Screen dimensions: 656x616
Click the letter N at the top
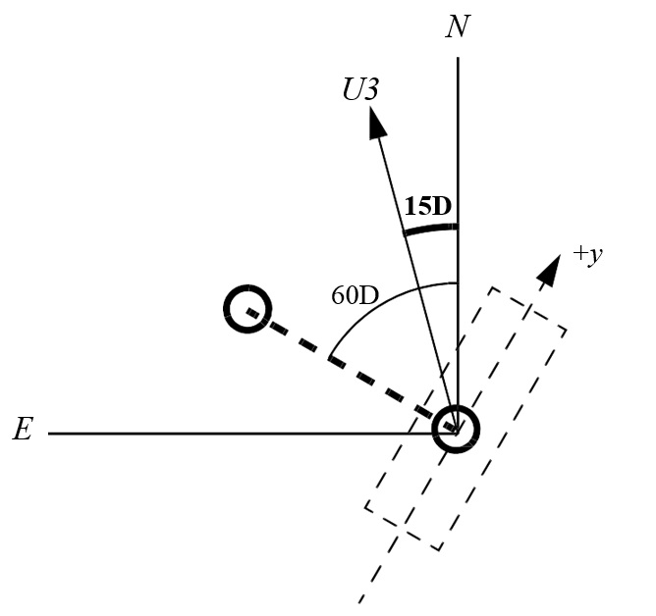coord(458,26)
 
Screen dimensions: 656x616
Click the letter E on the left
coord(23,429)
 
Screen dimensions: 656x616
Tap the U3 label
coord(360,89)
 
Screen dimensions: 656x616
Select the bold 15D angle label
coord(428,206)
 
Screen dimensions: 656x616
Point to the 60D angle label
coord(355,295)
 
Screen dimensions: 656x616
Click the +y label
coord(588,254)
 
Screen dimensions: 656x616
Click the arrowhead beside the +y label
coord(550,271)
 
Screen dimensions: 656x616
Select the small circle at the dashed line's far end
coord(248,309)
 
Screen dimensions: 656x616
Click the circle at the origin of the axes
coord(456,429)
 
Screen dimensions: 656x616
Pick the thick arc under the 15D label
coord(431,229)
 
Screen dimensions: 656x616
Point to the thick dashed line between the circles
coord(352,369)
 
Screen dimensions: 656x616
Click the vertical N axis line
coord(458,244)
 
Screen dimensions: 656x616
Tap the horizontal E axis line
coord(252,434)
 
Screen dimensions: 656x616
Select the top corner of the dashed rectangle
coord(492,287)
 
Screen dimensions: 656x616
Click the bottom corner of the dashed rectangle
coord(439,550)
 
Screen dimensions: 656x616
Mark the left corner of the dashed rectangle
coord(365,508)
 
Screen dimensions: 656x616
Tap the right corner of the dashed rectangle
coord(567,331)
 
